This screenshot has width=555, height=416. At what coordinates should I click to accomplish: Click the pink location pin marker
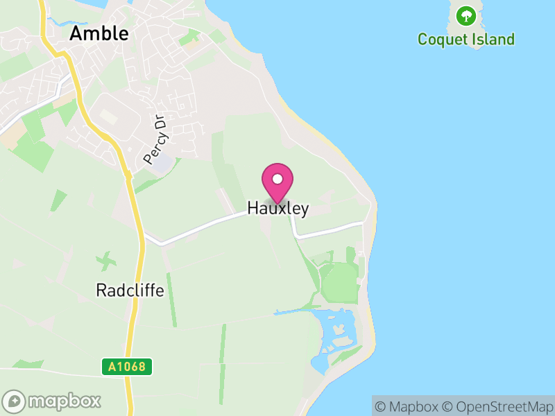pyautogui.click(x=277, y=182)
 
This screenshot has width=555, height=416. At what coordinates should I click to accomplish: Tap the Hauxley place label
pyautogui.click(x=277, y=209)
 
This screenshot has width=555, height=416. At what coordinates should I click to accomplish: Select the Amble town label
pyautogui.click(x=99, y=33)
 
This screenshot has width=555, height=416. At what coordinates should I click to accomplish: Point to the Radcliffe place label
pyautogui.click(x=130, y=291)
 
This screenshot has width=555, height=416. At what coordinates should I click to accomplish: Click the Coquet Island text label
pyautogui.click(x=466, y=39)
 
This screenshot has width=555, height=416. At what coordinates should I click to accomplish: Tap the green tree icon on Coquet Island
pyautogui.click(x=466, y=14)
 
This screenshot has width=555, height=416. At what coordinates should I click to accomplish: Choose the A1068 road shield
pyautogui.click(x=127, y=366)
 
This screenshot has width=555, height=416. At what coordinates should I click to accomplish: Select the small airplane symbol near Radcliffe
pyautogui.click(x=106, y=261)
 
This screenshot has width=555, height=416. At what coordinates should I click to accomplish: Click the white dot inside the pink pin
pyautogui.click(x=277, y=179)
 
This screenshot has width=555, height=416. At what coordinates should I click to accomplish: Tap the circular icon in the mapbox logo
pyautogui.click(x=14, y=401)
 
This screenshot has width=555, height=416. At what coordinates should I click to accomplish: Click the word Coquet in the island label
pyautogui.click(x=441, y=39)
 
